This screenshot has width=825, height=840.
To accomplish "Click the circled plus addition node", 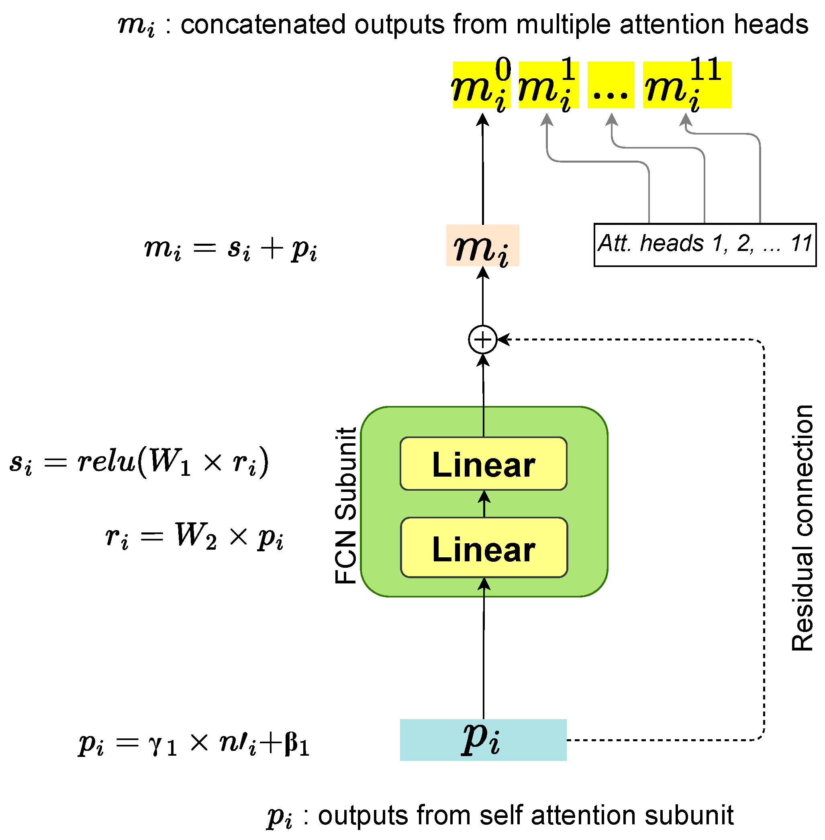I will [482, 340].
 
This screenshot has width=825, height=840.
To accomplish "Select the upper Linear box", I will [483, 463].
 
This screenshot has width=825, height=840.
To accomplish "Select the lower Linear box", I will [484, 548].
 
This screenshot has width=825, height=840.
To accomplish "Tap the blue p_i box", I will [483, 740].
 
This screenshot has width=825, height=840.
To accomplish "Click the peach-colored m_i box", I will [482, 246].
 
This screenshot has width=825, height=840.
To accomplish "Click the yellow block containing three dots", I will [610, 85].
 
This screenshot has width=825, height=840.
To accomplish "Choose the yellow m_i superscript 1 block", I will [548, 85].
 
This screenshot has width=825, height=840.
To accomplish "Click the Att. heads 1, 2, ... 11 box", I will [705, 245].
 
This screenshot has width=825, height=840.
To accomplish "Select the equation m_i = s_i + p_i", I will [231, 249].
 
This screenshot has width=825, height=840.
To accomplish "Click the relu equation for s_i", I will [139, 462].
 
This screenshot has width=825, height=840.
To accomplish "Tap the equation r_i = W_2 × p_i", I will [194, 537].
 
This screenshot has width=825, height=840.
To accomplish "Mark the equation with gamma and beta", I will [194, 743].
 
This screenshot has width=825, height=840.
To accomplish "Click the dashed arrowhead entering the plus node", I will [502, 340].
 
